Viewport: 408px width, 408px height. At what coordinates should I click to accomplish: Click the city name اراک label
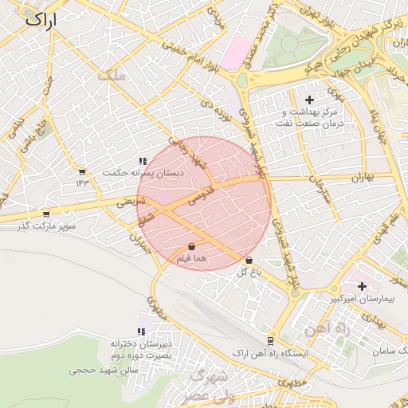tap(41, 20)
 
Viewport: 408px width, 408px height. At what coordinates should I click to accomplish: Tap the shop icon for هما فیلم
tap(194, 248)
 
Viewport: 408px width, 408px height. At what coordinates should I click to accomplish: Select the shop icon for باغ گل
tap(249, 260)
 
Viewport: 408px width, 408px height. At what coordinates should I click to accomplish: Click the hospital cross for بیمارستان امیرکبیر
tap(363, 286)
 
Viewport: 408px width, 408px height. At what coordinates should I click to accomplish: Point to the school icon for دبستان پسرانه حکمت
tap(143, 161)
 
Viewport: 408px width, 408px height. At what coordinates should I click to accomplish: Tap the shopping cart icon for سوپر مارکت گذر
tap(46, 214)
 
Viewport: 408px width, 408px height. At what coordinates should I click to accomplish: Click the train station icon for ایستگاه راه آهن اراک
tap(270, 340)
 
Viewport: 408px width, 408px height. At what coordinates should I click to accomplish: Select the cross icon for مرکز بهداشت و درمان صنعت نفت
tap(309, 100)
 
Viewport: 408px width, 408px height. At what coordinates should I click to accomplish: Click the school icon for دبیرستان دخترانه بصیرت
tap(142, 331)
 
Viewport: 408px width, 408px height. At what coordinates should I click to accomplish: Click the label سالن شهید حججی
tap(104, 371)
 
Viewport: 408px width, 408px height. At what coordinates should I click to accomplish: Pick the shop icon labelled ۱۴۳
tap(82, 171)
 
